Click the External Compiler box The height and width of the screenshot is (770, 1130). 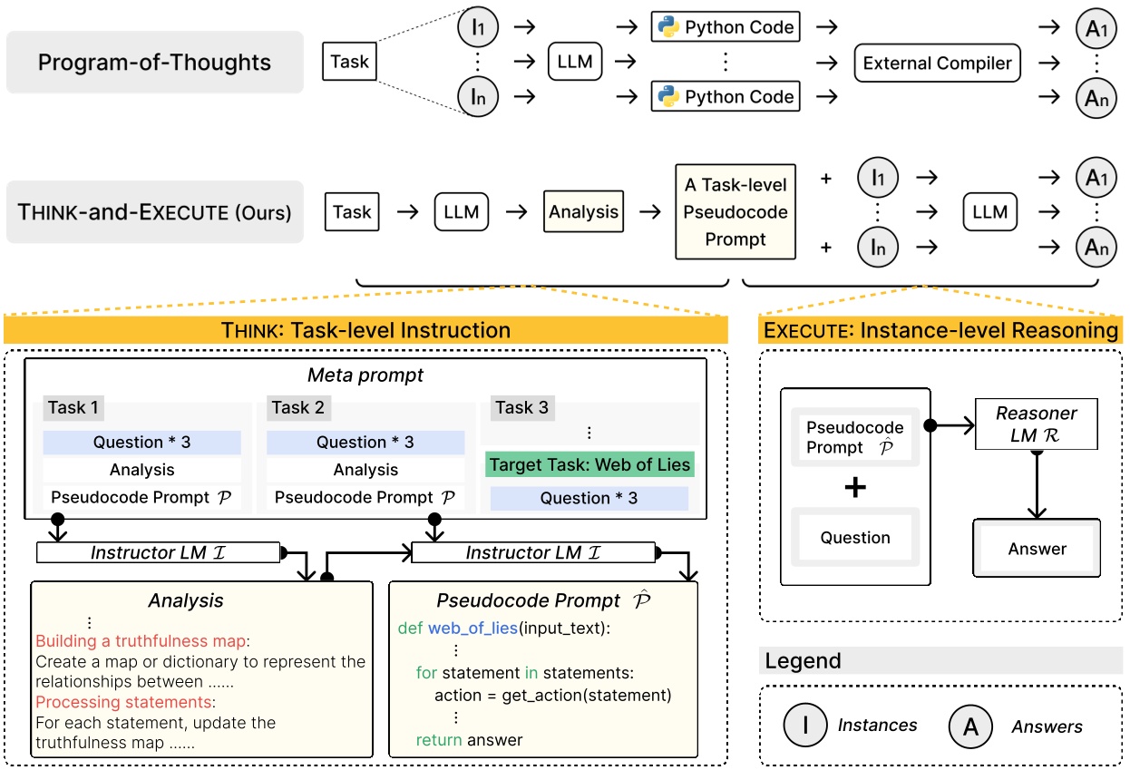coord(937,63)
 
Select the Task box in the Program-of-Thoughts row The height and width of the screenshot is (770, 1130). coord(349,63)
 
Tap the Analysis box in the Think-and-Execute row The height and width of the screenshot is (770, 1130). coord(583,212)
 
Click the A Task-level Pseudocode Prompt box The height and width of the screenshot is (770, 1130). coord(735,212)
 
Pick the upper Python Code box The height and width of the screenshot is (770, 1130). coord(726,27)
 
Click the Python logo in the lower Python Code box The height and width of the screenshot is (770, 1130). coord(668,97)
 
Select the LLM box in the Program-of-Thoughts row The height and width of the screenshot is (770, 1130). coord(574,63)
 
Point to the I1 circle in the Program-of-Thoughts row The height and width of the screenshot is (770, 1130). coord(477,27)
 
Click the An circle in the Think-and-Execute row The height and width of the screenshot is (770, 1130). coord(1096,247)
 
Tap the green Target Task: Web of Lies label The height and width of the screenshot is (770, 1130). coord(589,465)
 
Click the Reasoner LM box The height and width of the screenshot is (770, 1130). coord(1036,424)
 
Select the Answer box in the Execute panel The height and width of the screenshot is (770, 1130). coord(1037,549)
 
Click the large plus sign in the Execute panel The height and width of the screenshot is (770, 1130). coord(854,488)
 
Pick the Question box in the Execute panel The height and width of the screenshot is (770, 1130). coord(855,538)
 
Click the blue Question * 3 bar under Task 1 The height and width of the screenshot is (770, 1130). coord(141,443)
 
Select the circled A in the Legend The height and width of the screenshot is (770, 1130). coord(970,726)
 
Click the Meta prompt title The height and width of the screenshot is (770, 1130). coord(365,375)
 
